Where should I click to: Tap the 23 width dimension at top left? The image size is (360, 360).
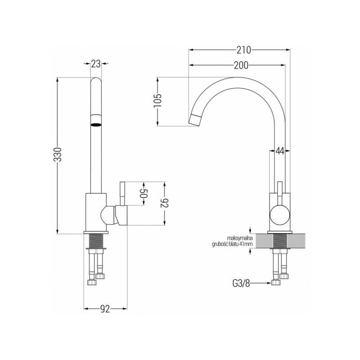coord(95,64)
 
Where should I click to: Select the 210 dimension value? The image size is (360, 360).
coord(243,49)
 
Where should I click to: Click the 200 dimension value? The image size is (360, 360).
coord(242,66)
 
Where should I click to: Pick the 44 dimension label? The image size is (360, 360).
coord(279,151)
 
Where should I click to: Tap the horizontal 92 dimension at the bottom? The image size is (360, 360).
coord(104,309)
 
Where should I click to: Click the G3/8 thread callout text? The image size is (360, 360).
coord(241,283)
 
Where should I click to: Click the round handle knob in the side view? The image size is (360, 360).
coord(279,215)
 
